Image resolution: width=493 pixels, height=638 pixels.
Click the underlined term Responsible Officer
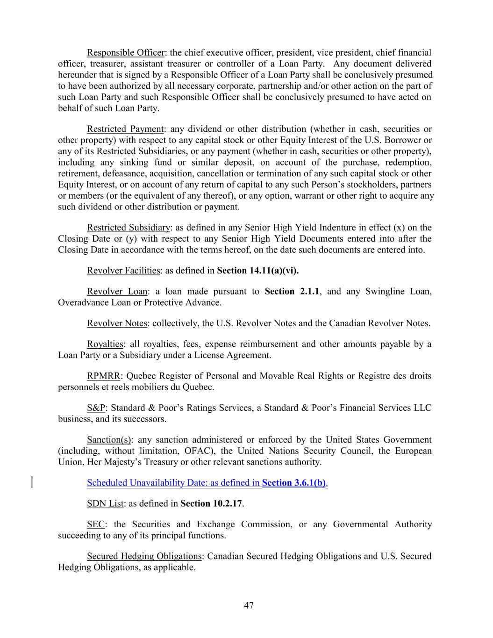[126, 52]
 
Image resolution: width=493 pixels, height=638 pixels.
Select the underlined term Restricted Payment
[125, 129]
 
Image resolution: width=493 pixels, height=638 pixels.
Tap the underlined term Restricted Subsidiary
[129, 228]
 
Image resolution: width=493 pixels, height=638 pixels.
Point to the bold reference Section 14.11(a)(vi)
[258, 271]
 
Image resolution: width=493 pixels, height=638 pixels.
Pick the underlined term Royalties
[105, 344]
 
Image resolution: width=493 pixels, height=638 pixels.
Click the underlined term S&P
[96, 408]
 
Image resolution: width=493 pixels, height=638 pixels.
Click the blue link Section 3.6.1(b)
[294, 483]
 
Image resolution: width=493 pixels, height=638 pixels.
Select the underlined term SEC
[96, 524]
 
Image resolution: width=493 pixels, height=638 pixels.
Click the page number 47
[249, 606]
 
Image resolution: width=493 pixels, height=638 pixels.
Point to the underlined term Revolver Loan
[117, 292]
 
